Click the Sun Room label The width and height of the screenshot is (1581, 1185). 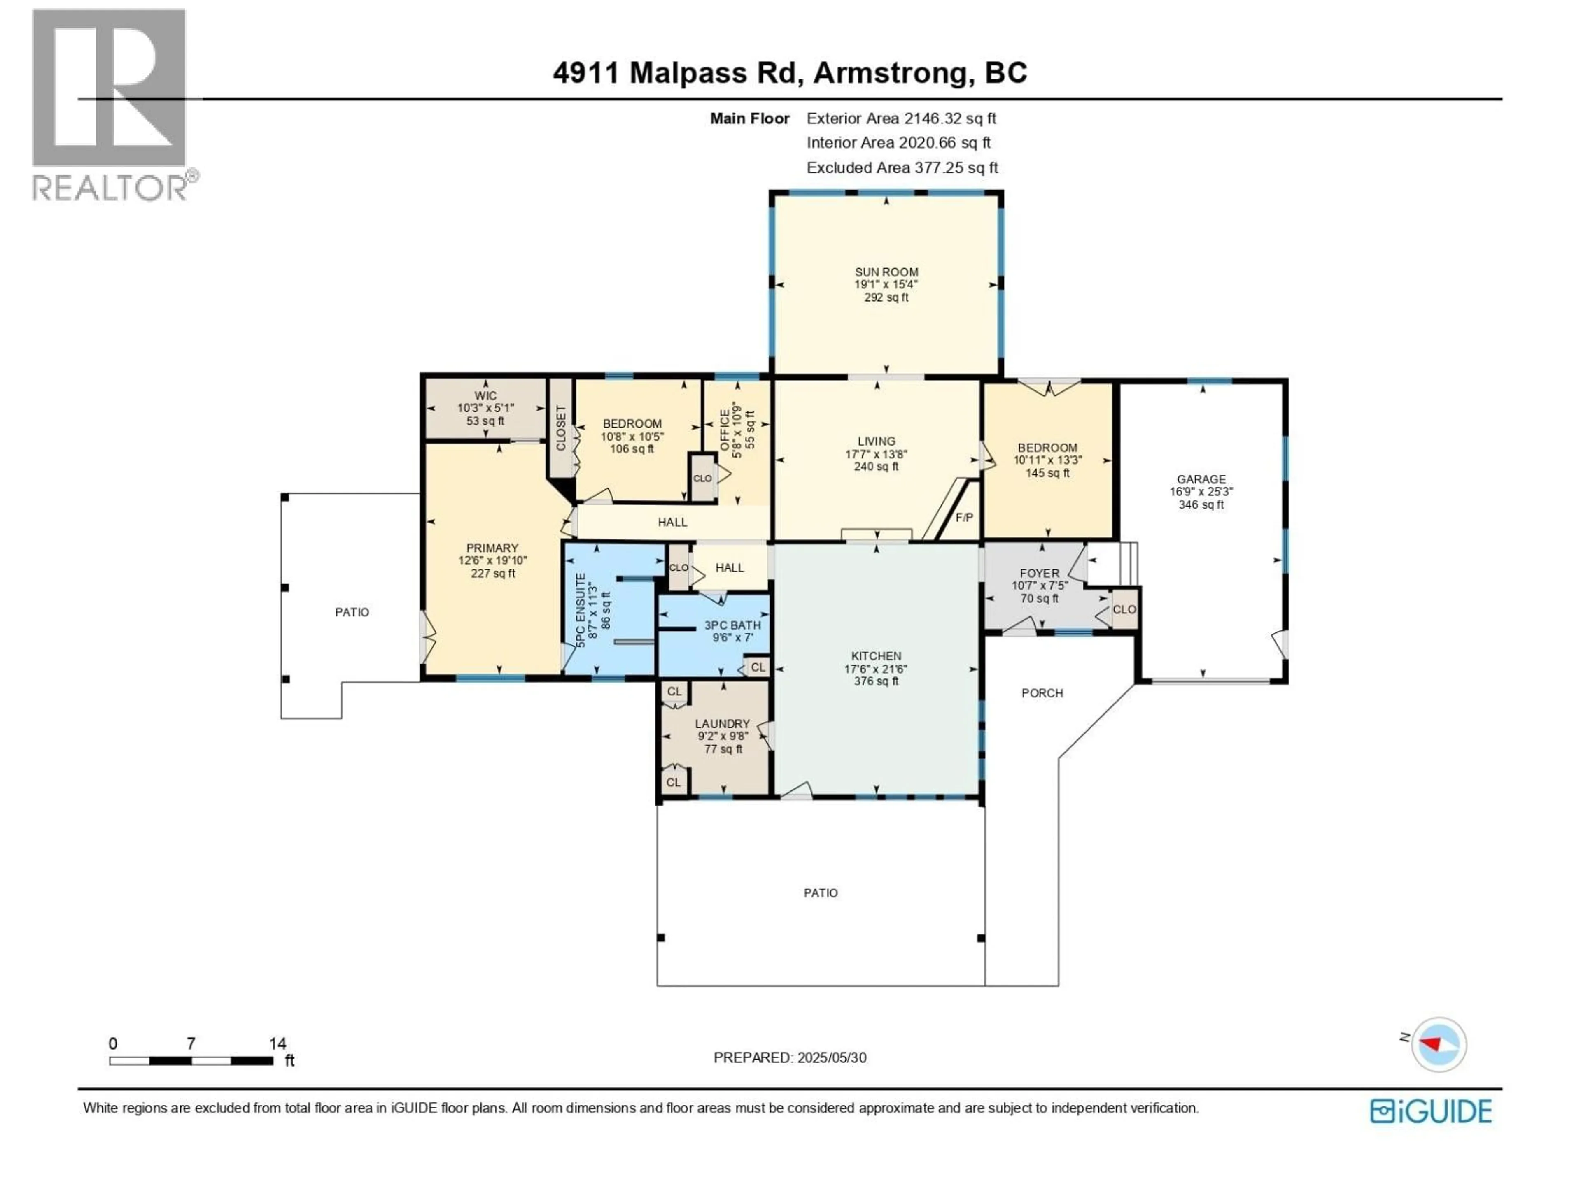pyautogui.click(x=886, y=272)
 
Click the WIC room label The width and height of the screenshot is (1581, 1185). pyautogui.click(x=485, y=396)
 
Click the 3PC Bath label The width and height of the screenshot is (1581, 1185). pyautogui.click(x=732, y=625)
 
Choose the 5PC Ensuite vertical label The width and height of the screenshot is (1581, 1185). pyautogui.click(x=581, y=610)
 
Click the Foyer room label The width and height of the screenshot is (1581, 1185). pyautogui.click(x=1039, y=573)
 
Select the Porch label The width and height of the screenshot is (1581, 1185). pyautogui.click(x=1042, y=693)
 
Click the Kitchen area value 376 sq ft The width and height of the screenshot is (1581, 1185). pyautogui.click(x=876, y=681)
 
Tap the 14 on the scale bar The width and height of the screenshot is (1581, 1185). pyautogui.click(x=277, y=1043)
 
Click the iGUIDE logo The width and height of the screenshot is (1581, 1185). pyautogui.click(x=1431, y=1111)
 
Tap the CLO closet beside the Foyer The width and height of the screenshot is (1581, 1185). pyautogui.click(x=1124, y=609)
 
